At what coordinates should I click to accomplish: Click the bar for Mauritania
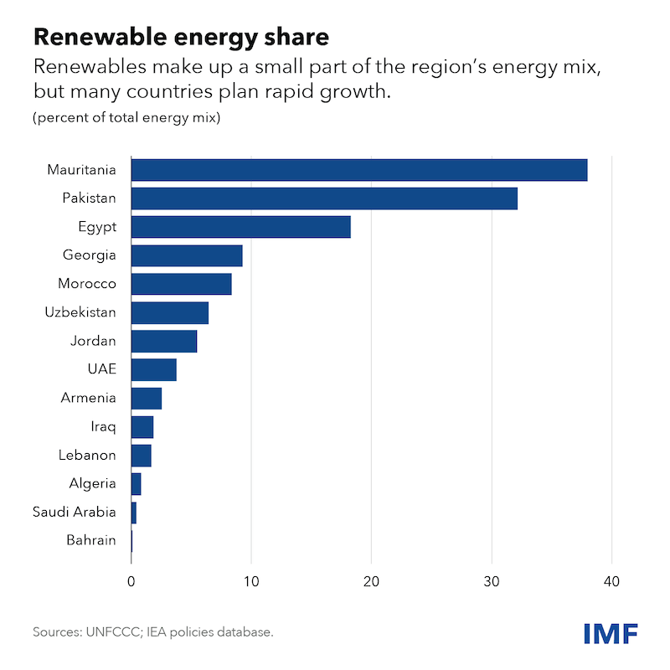pos(359,170)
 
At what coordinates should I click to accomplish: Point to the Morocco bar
pos(182,284)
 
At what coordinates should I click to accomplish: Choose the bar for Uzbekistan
pos(170,312)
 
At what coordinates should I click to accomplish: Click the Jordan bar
pos(164,341)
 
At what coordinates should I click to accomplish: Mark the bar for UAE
pos(154,369)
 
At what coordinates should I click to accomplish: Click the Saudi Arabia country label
pos(74,512)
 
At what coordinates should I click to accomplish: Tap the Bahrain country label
pos(91,540)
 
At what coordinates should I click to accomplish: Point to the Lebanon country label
pos(87,455)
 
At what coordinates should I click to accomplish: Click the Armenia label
pos(89,398)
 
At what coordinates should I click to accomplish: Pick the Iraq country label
pos(105,426)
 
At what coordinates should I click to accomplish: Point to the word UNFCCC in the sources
pos(117,632)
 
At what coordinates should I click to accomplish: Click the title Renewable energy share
pos(181,37)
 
